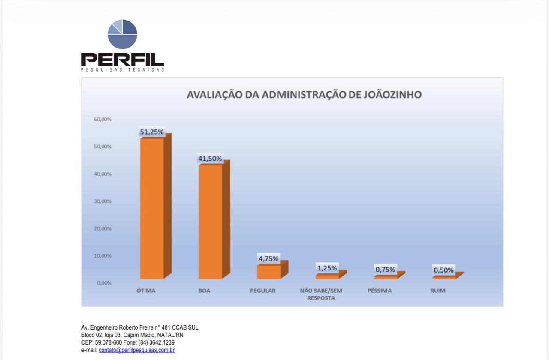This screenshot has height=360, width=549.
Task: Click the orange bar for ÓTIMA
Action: click(152, 208)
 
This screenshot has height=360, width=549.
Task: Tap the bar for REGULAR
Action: click(268, 272)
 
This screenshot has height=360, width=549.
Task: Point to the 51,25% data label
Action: click(151, 132)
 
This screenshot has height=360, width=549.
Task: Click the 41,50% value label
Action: click(210, 159)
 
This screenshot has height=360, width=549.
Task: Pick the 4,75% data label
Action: click(268, 258)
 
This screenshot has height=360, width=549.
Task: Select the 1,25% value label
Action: click(327, 268)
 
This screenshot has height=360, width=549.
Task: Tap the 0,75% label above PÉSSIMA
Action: click(385, 270)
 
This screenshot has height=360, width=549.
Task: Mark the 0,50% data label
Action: click(443, 270)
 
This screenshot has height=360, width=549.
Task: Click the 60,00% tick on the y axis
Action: click(103, 119)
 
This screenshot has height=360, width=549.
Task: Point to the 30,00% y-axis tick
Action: click(103, 201)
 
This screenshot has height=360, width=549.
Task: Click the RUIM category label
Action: click(437, 291)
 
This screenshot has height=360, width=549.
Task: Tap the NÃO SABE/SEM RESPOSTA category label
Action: click(321, 294)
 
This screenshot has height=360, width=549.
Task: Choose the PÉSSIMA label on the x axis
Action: click(380, 291)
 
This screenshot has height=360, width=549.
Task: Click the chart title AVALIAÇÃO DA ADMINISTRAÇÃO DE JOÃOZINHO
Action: click(304, 95)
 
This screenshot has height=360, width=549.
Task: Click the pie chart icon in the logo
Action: click(122, 34)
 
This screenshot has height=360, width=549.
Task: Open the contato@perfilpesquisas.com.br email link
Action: click(136, 350)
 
